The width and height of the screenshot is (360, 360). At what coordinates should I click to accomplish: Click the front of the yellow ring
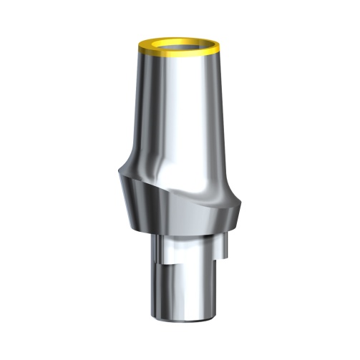tap(179, 55)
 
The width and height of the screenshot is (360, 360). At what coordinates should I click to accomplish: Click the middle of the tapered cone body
tap(179, 107)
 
